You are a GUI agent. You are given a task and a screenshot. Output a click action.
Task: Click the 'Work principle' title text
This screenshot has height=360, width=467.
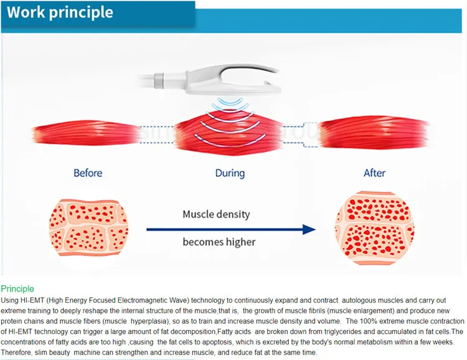(x=60, y=13)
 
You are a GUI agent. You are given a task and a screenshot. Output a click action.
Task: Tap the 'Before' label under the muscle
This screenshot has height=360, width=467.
(x=88, y=173)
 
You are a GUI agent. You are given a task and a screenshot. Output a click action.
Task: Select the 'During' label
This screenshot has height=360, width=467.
(x=230, y=173)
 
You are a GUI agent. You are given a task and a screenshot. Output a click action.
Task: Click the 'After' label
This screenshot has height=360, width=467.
(x=374, y=173)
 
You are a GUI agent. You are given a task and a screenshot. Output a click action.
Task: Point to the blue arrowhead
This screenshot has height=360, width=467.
(x=309, y=229)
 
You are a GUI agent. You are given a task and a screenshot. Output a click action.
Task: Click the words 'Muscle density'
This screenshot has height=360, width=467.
(x=216, y=214)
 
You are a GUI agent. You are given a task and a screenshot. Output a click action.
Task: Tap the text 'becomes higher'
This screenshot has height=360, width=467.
(x=219, y=242)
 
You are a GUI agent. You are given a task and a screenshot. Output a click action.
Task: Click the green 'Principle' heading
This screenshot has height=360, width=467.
(x=17, y=289)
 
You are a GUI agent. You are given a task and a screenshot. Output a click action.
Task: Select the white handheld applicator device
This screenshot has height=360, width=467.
(x=209, y=79)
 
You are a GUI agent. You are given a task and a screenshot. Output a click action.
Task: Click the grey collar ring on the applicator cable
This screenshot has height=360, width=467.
(x=159, y=80)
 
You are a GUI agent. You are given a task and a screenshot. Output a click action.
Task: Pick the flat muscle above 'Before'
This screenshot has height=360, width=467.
(x=87, y=133)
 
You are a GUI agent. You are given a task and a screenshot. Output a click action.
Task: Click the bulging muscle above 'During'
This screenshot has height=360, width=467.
(x=229, y=133)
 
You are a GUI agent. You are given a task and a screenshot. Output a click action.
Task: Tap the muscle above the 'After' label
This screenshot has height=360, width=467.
(x=374, y=133)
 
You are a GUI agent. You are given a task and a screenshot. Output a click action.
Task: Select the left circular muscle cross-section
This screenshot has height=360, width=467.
(x=88, y=228)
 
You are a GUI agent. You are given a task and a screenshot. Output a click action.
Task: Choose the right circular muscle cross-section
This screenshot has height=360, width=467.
(x=375, y=228)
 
